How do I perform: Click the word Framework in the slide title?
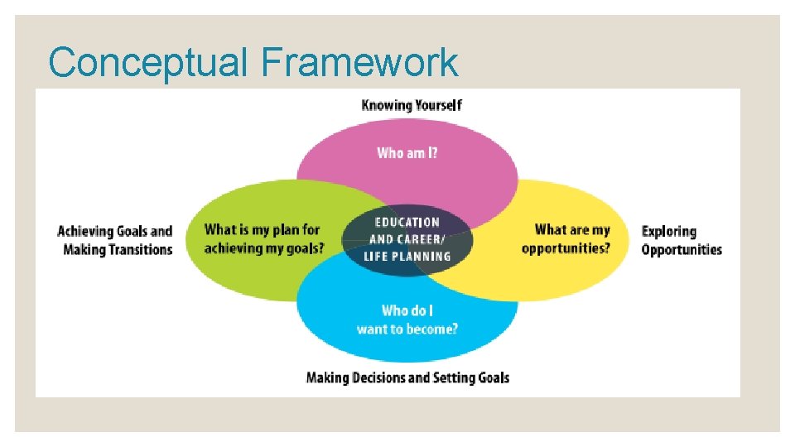coord(359,63)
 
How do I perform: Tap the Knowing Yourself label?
coord(412,105)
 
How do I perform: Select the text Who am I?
coord(407,152)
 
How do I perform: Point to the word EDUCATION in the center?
coord(407,222)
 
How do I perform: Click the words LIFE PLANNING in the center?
coord(407,257)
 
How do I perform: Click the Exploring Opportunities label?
coord(682,240)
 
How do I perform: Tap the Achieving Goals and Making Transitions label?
coord(115,240)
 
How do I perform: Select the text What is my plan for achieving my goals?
coord(263,238)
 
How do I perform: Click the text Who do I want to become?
coord(407,320)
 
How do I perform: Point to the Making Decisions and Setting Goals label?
coord(407,377)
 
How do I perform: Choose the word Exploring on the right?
coord(669,231)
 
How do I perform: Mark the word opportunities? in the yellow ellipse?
coord(566,248)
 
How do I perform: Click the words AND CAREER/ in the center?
coord(407,239)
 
